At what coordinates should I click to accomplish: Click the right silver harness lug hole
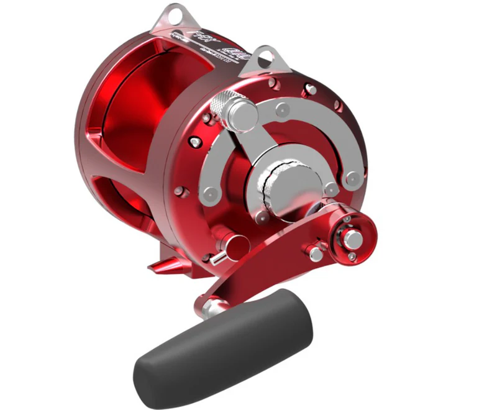(265, 55)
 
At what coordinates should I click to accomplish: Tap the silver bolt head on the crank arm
(314, 253)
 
